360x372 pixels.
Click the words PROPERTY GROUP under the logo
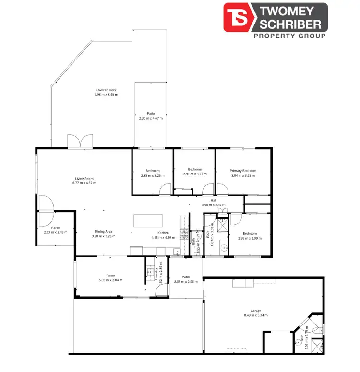pos(289,36)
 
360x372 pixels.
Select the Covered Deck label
pos(106,90)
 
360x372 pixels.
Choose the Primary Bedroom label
pos(243,171)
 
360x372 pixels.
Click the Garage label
pos(255,311)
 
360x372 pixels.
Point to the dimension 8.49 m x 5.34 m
pos(255,315)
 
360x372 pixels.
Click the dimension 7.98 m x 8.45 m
pos(106,95)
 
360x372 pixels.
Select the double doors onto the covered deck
pos(80,143)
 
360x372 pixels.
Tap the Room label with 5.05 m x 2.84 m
pos(111,276)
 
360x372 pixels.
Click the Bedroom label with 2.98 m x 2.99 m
pos(250,234)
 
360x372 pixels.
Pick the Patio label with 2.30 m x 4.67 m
pos(151,113)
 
